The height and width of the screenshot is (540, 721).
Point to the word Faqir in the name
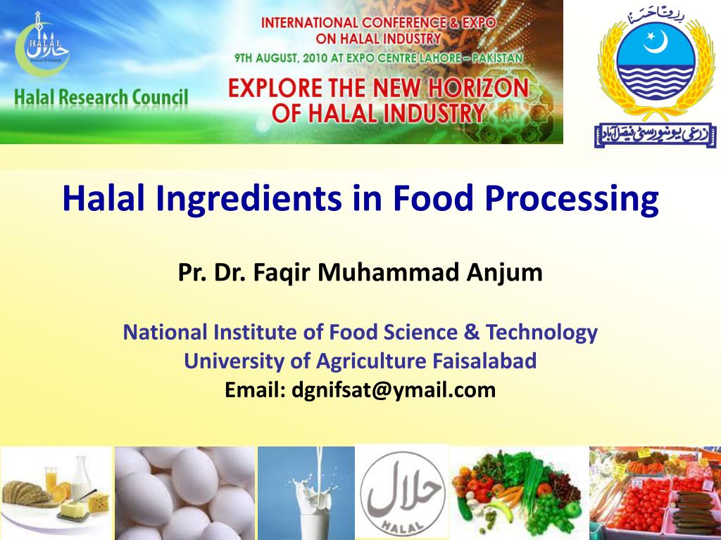point(280,273)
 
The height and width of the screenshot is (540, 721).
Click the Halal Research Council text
point(101,97)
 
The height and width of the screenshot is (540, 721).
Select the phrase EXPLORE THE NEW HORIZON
point(378,88)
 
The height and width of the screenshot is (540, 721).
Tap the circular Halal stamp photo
point(403,492)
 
